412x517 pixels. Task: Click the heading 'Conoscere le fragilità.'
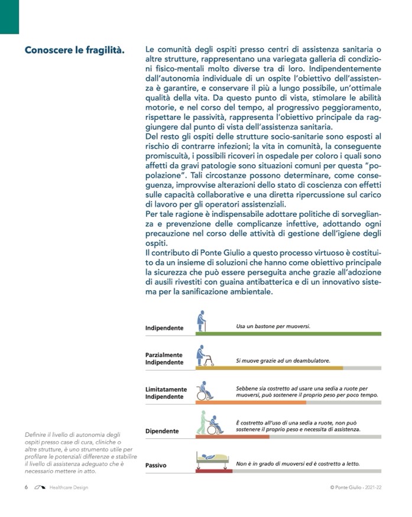(74, 50)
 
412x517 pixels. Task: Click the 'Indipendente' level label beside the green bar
(164, 328)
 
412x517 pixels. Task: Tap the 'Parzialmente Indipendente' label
(164, 358)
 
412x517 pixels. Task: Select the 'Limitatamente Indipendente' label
(166, 393)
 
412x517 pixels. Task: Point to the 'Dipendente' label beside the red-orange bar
(162, 431)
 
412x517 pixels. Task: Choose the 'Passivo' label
(156, 466)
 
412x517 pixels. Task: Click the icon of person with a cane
(202, 320)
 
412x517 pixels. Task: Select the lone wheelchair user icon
(204, 391)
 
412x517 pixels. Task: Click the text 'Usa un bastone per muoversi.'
(273, 326)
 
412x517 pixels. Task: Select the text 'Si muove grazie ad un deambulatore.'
(283, 360)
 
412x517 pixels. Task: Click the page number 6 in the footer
(27, 487)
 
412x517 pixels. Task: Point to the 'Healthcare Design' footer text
(69, 487)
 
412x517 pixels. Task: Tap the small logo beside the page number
(40, 487)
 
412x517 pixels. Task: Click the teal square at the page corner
(9, 17)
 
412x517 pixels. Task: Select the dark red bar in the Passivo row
(213, 471)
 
